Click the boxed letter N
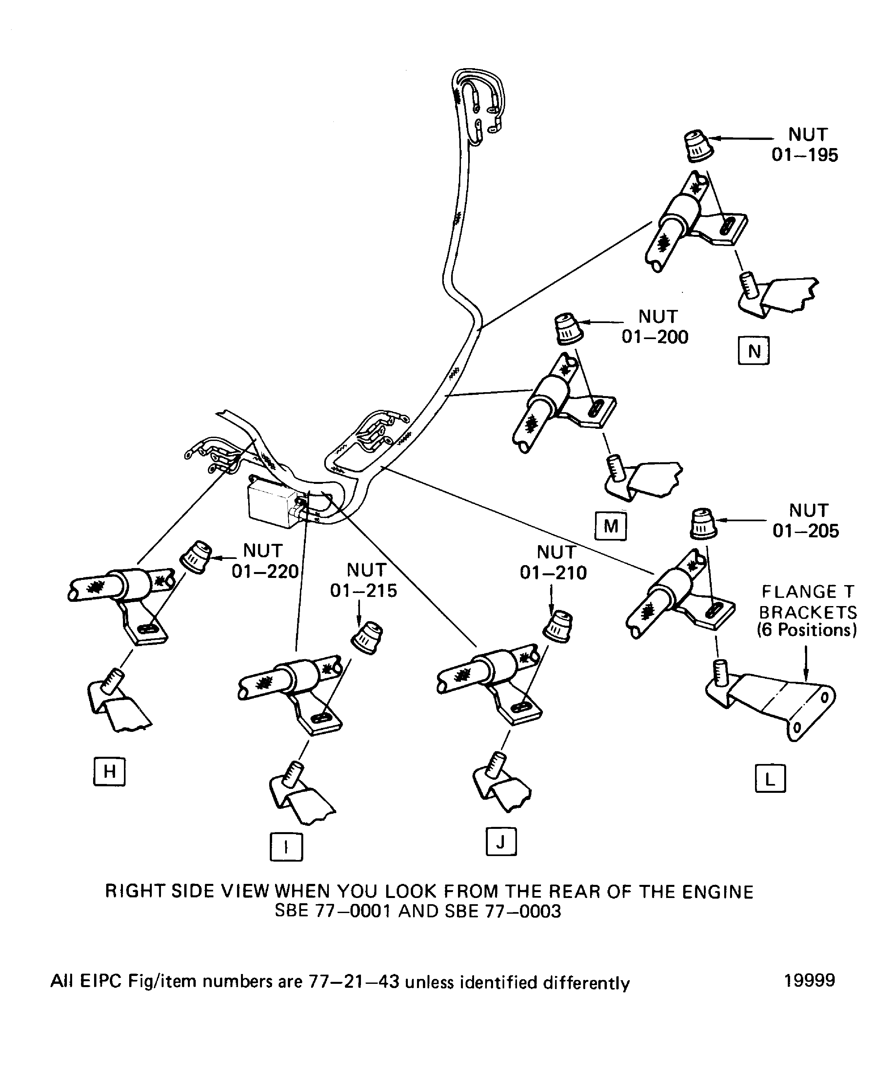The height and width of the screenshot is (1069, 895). click(x=753, y=351)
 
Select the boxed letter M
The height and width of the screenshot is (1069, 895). click(x=610, y=526)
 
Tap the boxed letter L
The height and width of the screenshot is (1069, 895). click(x=770, y=779)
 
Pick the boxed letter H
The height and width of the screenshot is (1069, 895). click(x=109, y=772)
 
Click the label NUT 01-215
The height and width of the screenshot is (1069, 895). click(x=364, y=580)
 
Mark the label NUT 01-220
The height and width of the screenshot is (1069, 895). click(x=264, y=561)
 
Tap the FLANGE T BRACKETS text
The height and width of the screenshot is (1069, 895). click(x=807, y=611)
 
